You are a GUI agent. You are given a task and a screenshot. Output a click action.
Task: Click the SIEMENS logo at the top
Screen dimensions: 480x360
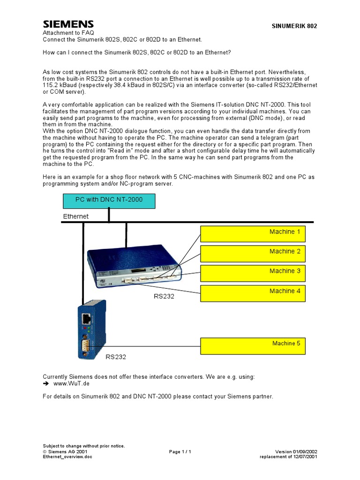68,24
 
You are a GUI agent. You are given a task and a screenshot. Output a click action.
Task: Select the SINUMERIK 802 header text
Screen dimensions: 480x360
294,26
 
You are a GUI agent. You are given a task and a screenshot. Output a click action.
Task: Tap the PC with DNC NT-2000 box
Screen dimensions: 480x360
109,201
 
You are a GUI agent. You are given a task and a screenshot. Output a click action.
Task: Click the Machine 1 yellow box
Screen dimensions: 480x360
253,233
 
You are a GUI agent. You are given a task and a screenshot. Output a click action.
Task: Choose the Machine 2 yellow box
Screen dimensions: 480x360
253,253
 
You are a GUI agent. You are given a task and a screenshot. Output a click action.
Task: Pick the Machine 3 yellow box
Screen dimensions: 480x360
253,272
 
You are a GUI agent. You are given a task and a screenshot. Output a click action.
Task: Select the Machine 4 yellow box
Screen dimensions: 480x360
253,292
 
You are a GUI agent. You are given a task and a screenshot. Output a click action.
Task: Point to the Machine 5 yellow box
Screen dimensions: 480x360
253,345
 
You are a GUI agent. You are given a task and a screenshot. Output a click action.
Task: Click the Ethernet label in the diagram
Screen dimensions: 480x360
76,217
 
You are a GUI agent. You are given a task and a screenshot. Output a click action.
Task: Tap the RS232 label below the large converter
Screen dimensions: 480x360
164,296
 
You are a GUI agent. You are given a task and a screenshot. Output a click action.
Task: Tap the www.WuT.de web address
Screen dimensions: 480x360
71,383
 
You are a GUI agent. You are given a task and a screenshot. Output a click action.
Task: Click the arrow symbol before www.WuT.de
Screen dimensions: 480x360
46,383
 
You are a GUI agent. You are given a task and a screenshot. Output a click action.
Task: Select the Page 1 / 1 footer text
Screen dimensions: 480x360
180,451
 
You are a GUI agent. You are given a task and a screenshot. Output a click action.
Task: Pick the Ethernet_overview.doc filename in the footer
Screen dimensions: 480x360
67,457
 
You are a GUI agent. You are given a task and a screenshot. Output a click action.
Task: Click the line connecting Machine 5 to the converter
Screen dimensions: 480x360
150,346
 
